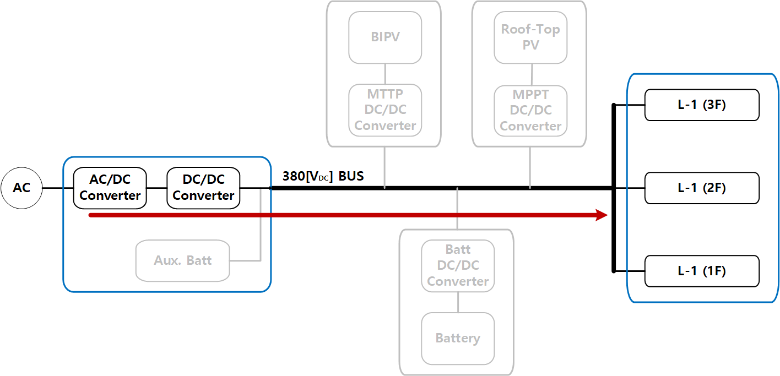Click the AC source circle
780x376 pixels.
point(21,188)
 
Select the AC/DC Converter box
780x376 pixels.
point(110,188)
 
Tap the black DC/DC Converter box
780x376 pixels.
point(203,188)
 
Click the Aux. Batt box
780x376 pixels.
point(182,260)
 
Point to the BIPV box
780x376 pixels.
point(385,37)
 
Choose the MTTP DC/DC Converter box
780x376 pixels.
point(385,110)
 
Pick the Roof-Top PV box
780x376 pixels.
point(530,37)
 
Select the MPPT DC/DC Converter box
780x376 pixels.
point(530,110)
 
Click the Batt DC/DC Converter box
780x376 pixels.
point(458,266)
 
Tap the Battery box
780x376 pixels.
point(458,338)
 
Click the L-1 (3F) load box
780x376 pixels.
point(702,105)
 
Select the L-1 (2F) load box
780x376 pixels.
point(702,188)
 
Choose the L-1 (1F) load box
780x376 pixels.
point(702,271)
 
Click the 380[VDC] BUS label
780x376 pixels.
point(323,176)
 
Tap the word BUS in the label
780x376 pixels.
point(351,176)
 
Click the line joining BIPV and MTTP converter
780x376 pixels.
point(385,74)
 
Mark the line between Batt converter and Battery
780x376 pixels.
point(458,302)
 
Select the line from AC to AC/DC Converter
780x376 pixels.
point(58,188)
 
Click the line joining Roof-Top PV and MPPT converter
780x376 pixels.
point(531,74)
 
